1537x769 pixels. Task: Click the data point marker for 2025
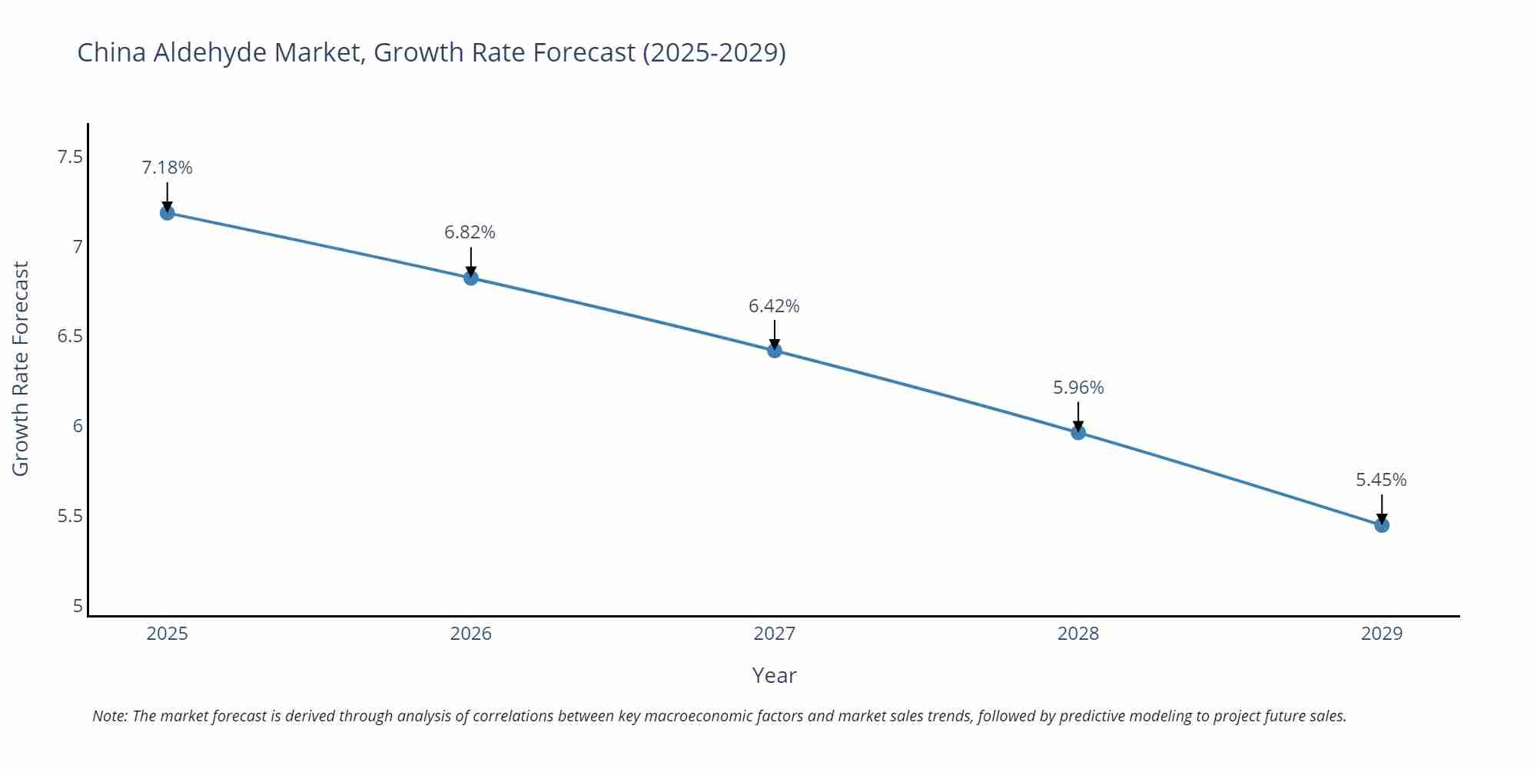click(x=167, y=213)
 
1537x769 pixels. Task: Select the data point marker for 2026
click(x=471, y=278)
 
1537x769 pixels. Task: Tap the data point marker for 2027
click(x=775, y=351)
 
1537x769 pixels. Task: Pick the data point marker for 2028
click(x=1078, y=432)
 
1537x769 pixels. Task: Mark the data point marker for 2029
click(x=1382, y=525)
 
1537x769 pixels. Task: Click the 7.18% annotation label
click(x=167, y=168)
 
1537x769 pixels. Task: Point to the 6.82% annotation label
click(x=470, y=232)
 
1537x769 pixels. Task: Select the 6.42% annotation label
click(x=774, y=306)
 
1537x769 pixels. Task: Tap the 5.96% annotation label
click(x=1078, y=388)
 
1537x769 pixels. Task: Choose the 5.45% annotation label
click(x=1381, y=480)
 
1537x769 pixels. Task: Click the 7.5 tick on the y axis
click(x=69, y=158)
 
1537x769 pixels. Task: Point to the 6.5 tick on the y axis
click(x=69, y=337)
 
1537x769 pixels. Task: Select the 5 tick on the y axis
click(x=78, y=606)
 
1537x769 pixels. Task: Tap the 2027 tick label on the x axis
click(x=775, y=634)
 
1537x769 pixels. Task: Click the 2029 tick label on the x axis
click(x=1382, y=634)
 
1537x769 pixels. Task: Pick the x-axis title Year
click(x=774, y=675)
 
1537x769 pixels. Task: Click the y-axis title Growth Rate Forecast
click(x=21, y=369)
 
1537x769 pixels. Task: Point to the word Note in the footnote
click(x=109, y=716)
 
